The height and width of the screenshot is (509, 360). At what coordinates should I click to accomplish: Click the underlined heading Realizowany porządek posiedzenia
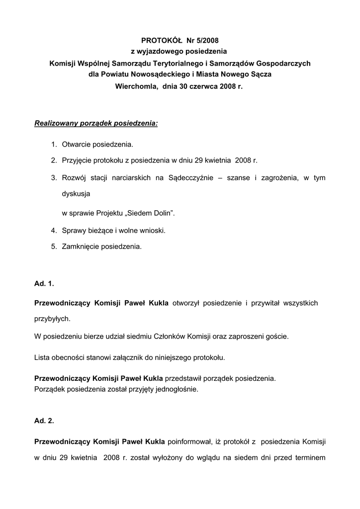point(96,123)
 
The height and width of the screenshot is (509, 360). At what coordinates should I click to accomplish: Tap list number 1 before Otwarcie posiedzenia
point(53,145)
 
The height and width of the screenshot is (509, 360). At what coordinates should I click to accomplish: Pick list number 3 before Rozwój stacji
point(53,177)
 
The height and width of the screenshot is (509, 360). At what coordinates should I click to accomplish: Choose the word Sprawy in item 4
point(74,230)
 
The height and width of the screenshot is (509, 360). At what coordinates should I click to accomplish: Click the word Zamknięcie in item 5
point(81,246)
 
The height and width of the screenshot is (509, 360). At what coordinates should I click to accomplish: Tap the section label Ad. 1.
point(44,284)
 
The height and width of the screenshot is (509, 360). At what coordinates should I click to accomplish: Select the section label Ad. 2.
point(44,421)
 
